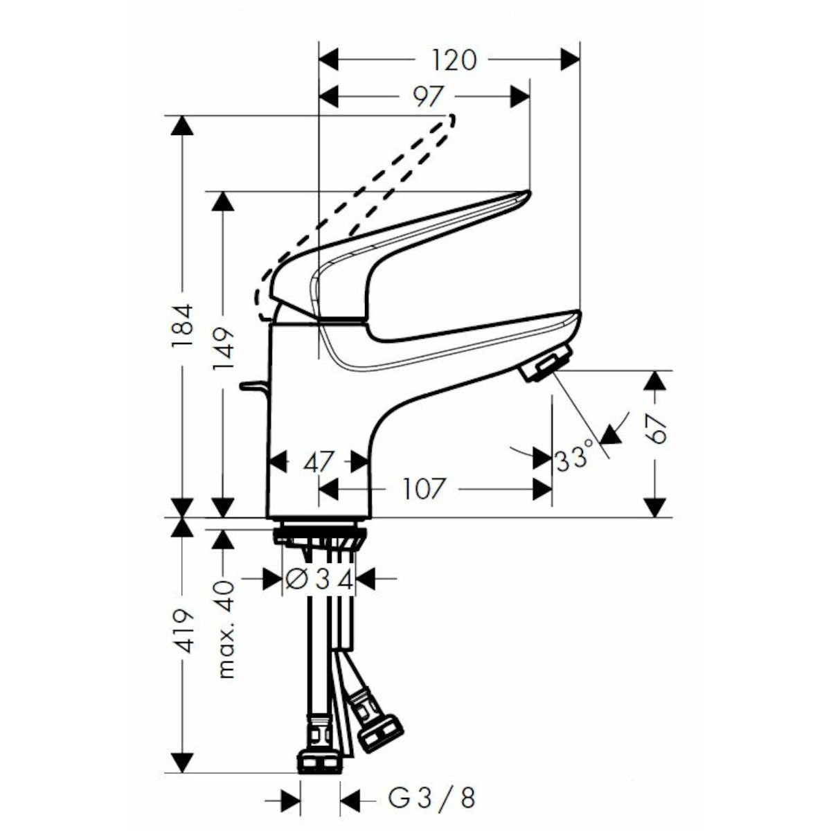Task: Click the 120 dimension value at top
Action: coord(455,60)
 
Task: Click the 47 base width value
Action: coord(319,461)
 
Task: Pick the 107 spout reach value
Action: coord(422,489)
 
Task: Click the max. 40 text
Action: coord(224,628)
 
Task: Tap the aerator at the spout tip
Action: coord(546,365)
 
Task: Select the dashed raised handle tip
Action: coord(451,122)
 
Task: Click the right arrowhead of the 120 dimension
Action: coord(570,60)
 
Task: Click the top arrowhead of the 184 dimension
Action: coord(182,126)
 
